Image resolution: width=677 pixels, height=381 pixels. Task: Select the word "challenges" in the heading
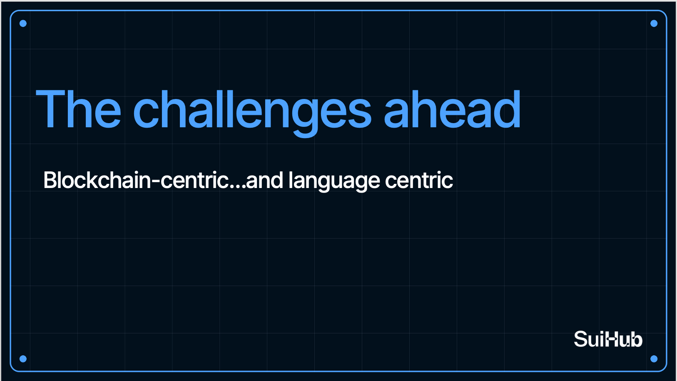click(x=252, y=114)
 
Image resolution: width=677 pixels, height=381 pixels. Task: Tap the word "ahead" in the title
click(x=453, y=109)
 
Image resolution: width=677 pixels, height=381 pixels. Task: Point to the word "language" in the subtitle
click(x=334, y=181)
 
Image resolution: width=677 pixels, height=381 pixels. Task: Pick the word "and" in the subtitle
click(x=264, y=180)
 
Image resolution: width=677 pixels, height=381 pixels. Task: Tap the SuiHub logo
click(x=608, y=339)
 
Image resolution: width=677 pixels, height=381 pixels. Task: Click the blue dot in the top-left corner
click(x=23, y=24)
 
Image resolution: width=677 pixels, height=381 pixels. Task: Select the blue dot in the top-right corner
click(x=654, y=24)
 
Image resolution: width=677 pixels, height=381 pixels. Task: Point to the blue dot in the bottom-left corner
click(x=23, y=359)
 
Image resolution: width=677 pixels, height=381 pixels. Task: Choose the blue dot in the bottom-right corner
click(x=654, y=359)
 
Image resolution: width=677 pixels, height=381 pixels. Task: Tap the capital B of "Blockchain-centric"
click(x=51, y=180)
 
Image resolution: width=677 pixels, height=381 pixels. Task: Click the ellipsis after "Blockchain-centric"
click(x=238, y=187)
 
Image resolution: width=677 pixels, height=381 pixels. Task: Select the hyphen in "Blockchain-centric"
click(x=155, y=182)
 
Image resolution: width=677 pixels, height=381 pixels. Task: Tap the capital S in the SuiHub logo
click(x=580, y=339)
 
